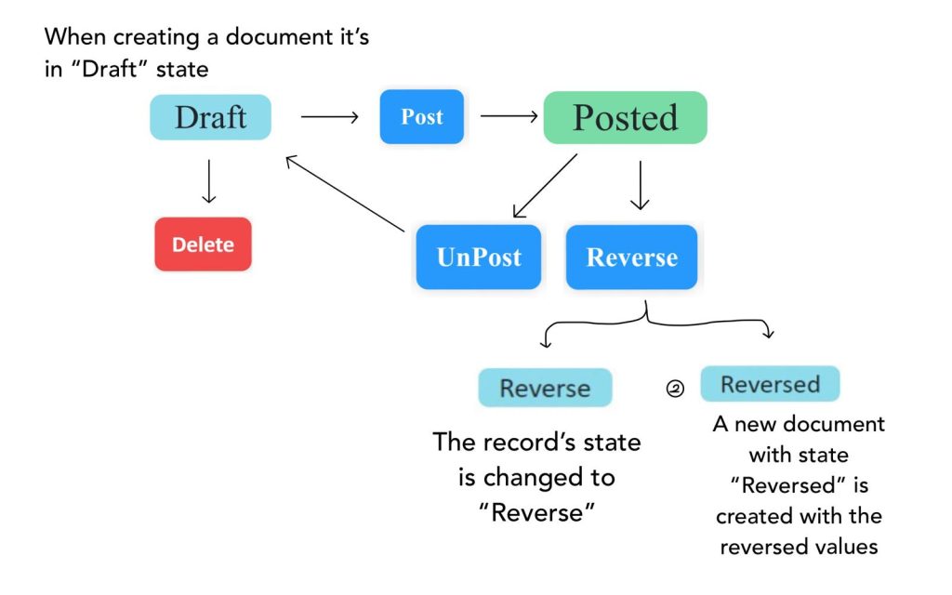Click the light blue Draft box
click(x=211, y=117)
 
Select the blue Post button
click(x=421, y=117)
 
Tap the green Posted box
click(x=625, y=117)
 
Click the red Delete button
click(x=203, y=245)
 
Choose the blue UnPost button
click(x=479, y=257)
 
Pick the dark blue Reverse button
click(x=631, y=257)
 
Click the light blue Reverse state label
click(x=545, y=388)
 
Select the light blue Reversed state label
click(x=770, y=384)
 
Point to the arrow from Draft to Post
click(x=329, y=117)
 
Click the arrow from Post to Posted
click(x=509, y=116)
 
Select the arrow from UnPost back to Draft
click(x=345, y=193)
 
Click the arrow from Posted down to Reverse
click(x=639, y=185)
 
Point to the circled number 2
click(x=675, y=390)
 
